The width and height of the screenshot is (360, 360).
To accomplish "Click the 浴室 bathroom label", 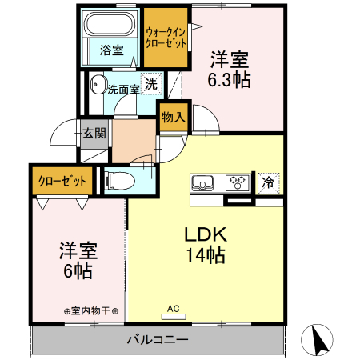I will [111, 50].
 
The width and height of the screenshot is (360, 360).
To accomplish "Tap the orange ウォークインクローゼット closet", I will [166, 38].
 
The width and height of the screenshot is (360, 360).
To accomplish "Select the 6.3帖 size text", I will [229, 79].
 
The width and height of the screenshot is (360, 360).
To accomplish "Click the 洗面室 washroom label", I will [123, 89].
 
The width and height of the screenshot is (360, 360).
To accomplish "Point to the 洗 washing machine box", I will [150, 83].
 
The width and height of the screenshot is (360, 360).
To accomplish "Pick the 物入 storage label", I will [173, 118].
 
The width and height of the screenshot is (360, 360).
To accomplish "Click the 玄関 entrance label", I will [93, 134].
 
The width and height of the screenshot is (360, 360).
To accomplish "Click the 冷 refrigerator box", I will [269, 182].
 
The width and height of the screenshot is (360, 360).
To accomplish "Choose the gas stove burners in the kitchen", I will [238, 182].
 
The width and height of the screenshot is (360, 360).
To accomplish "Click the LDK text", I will [206, 235].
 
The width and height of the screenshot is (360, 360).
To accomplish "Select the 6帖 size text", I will [78, 270].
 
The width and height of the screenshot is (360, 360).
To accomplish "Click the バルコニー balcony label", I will [157, 340].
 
